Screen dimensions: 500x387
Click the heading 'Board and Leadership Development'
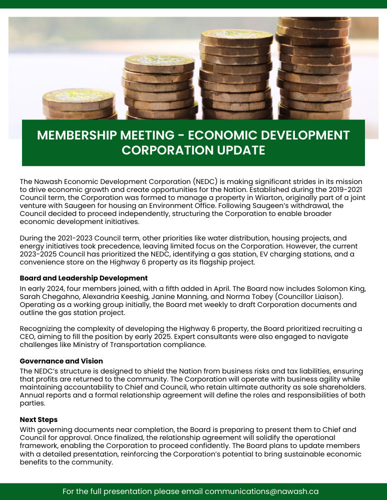(84, 278)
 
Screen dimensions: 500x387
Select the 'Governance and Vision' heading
(62, 361)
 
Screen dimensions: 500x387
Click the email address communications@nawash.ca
(262, 491)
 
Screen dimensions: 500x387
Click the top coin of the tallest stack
(314, 22)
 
